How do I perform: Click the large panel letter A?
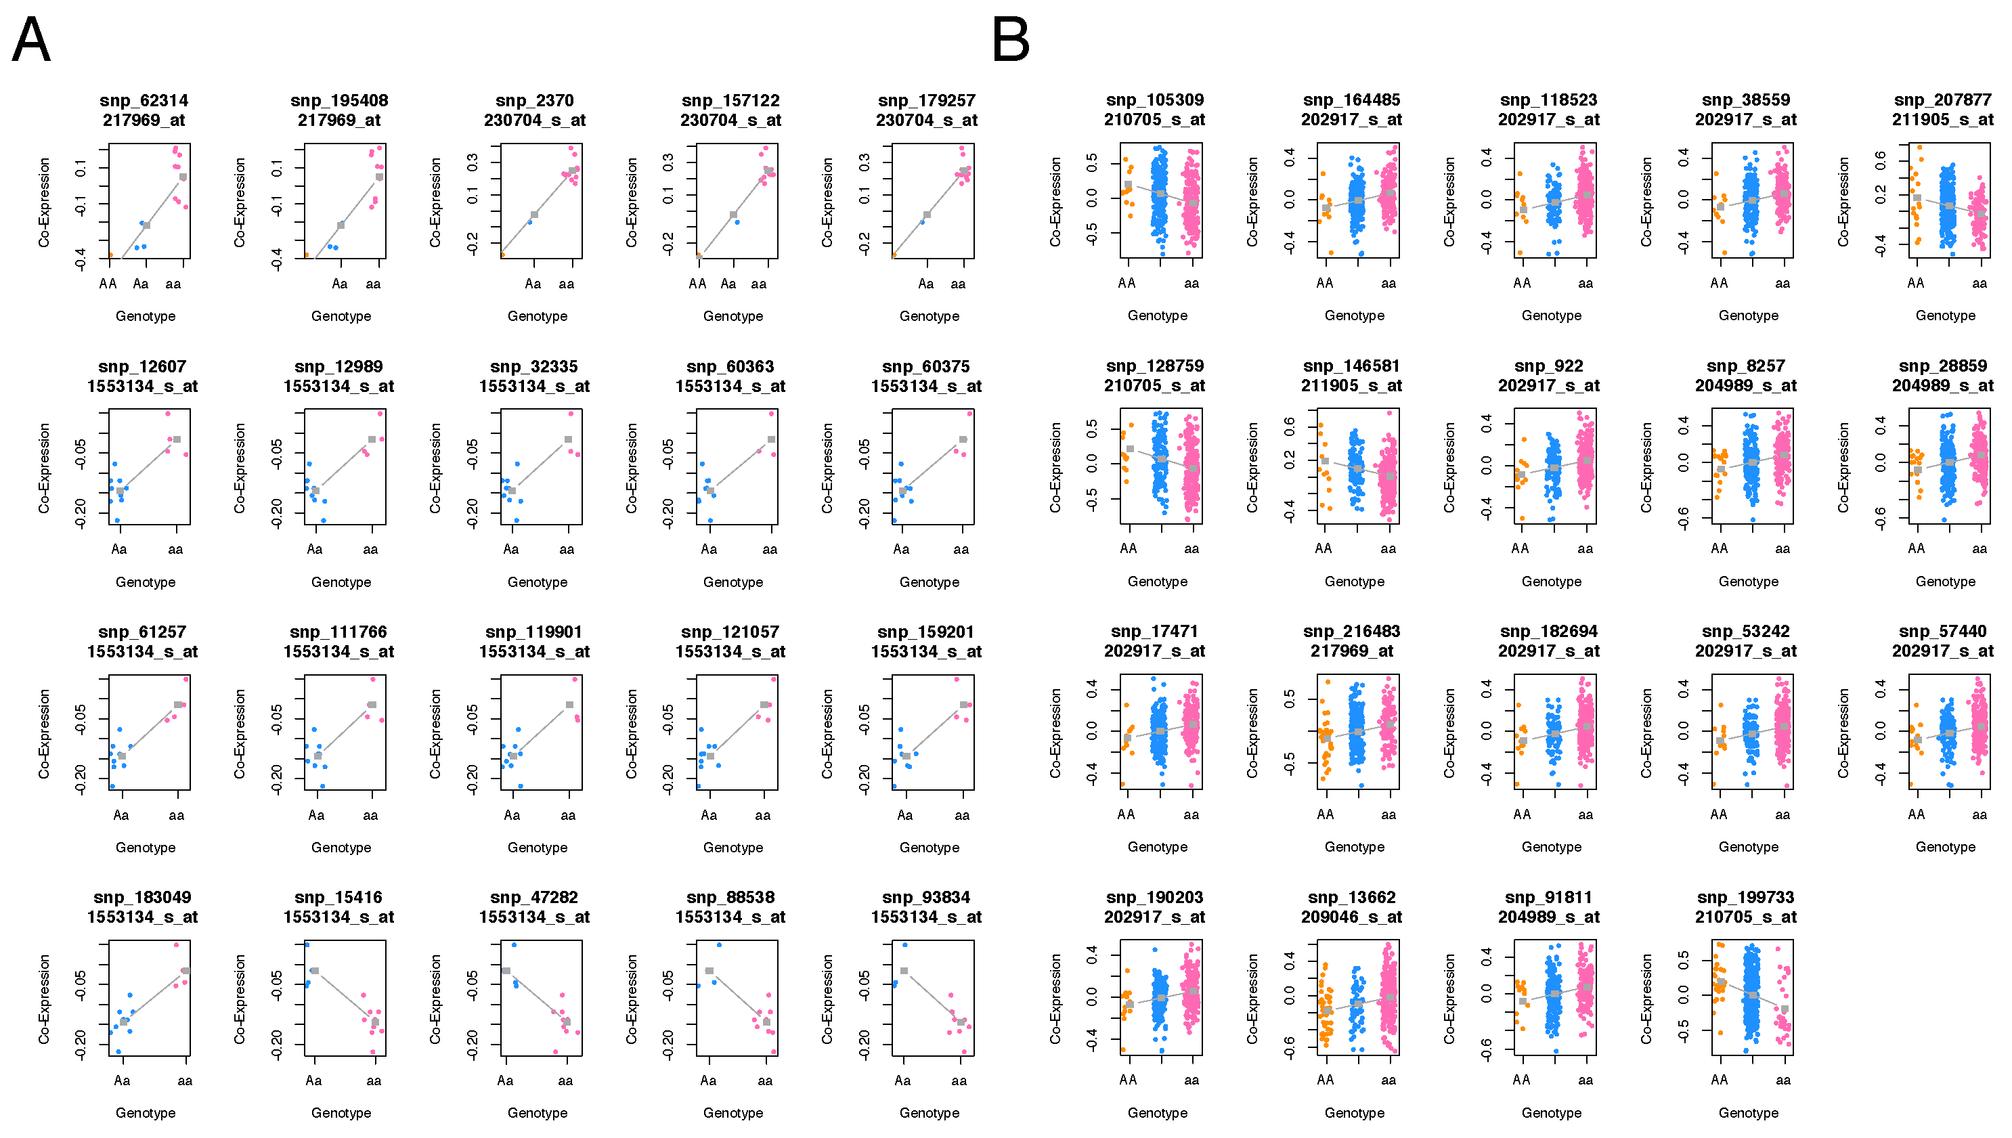click(31, 40)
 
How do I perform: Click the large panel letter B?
click(1011, 40)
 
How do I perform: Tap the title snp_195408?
click(339, 101)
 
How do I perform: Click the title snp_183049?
click(142, 897)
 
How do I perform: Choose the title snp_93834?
click(927, 897)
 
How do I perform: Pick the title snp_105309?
click(1155, 100)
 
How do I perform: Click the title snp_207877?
click(1942, 100)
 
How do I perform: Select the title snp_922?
click(1549, 366)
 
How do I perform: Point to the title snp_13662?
click(1352, 897)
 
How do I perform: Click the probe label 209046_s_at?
click(1352, 917)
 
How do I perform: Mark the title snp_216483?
click(1352, 632)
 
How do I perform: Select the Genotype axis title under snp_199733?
click(1749, 1113)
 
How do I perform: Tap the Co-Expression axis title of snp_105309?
click(1055, 202)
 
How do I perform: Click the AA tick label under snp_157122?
click(698, 284)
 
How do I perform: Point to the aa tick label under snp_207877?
click(1980, 284)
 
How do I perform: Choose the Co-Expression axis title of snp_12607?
click(44, 468)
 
